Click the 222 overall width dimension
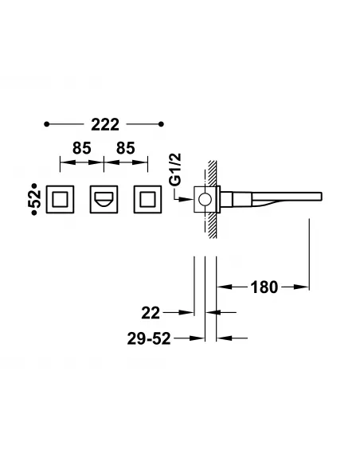[x=104, y=125]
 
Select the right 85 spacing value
[x=127, y=147]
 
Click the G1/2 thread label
[x=179, y=169]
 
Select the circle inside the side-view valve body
[x=206, y=199]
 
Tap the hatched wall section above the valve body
[x=212, y=174]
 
